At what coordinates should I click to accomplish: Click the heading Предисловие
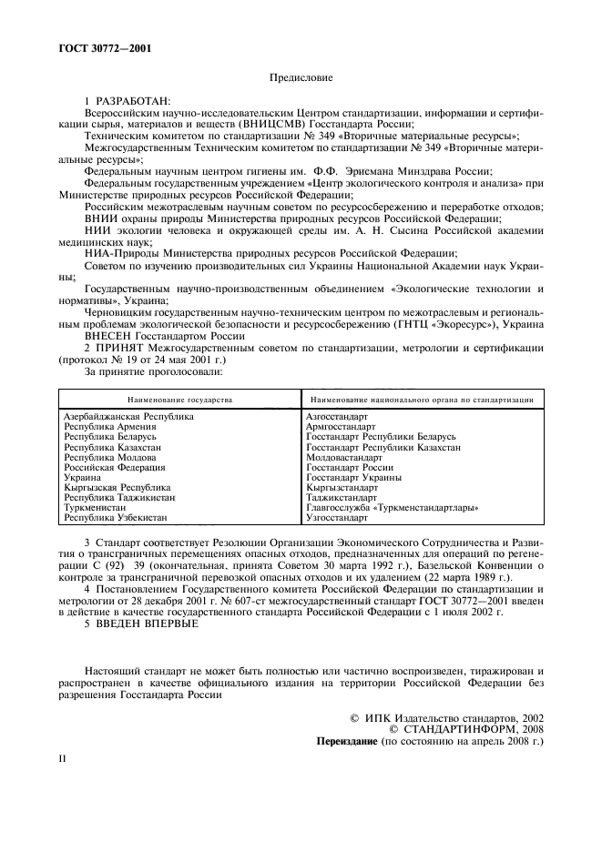[301, 79]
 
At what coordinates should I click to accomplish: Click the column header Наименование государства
[180, 399]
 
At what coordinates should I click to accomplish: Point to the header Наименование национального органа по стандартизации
[422, 399]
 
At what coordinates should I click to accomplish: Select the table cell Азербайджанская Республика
[128, 416]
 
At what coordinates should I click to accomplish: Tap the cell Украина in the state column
[82, 477]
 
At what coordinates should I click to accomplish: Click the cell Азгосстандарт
[337, 416]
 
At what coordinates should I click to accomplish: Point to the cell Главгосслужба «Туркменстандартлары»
[392, 507]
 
